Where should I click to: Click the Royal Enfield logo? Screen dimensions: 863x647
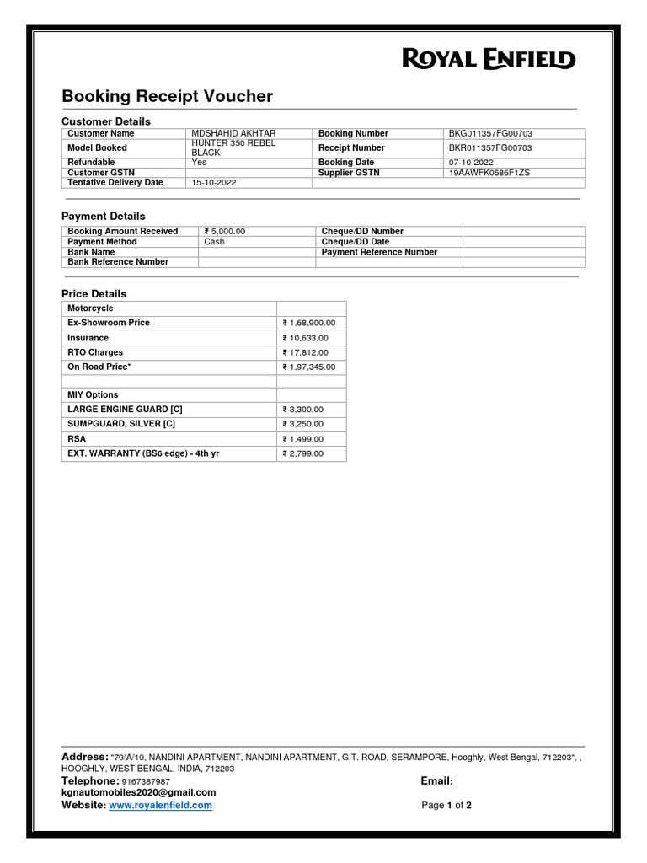coord(489,59)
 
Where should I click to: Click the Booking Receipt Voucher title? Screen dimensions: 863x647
coord(167,96)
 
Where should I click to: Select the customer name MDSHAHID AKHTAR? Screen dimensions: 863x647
coord(233,134)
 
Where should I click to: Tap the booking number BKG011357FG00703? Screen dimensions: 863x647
coord(490,134)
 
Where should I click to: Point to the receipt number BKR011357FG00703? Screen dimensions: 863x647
coord(490,147)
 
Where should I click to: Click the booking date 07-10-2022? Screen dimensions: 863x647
coord(471,162)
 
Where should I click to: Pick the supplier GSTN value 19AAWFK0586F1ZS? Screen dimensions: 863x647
coord(489,172)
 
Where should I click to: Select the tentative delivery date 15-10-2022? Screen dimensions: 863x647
coord(214,182)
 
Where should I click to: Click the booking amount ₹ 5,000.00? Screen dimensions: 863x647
coord(225,231)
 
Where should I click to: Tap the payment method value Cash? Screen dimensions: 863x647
coord(214,241)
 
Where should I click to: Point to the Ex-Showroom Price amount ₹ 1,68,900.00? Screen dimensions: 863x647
coord(309,323)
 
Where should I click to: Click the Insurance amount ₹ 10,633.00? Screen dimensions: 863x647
coord(306,338)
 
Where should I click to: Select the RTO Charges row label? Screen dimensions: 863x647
coord(95,352)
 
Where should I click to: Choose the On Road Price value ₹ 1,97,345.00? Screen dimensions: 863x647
coord(309,367)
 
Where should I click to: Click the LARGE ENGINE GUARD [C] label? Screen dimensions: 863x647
coord(125,409)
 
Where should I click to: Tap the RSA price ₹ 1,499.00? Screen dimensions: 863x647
coord(303,439)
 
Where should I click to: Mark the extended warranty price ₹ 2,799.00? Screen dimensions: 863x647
coord(303,454)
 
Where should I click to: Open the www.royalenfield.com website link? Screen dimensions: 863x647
coord(160,806)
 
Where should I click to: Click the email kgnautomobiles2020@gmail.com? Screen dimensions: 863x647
coord(138,792)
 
